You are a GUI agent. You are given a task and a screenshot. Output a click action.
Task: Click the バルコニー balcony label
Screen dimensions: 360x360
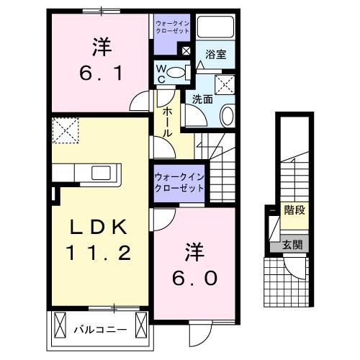point(101,330)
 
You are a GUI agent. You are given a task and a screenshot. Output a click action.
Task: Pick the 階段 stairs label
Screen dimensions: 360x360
point(293,211)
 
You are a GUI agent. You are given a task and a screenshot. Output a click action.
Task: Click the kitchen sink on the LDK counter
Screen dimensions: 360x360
point(101,173)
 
